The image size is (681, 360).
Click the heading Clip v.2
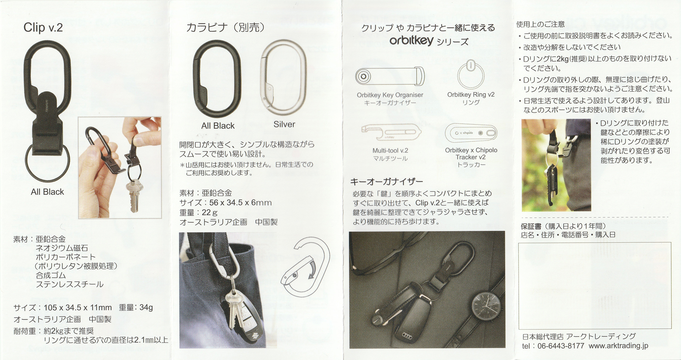coord(43,28)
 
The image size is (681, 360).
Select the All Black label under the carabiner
coord(218,126)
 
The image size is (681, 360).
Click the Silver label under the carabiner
coord(284,125)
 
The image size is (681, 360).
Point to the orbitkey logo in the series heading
coord(411,41)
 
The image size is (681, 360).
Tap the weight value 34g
coord(146,307)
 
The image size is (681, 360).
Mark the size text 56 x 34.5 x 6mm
coord(241,203)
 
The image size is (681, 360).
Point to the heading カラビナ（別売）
coord(225,28)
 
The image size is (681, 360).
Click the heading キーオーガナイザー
coord(386,182)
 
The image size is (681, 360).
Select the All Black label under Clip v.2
coord(47,192)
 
